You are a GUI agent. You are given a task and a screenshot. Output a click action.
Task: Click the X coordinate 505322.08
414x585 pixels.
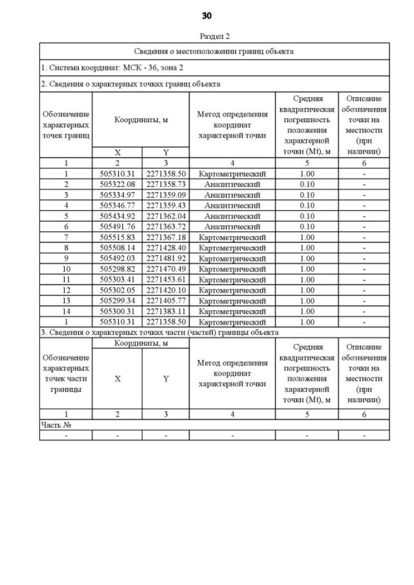pos(117,184)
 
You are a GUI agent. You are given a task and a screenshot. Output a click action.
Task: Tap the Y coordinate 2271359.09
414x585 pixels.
pos(166,195)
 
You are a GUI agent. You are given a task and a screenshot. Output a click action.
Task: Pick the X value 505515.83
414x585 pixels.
pos(117,237)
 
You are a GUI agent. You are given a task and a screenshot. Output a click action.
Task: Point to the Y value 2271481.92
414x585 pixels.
pos(166,258)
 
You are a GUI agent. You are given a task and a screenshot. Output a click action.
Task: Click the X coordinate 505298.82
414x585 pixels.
pos(117,269)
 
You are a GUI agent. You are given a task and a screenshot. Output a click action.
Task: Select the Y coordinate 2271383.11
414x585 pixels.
pos(166,311)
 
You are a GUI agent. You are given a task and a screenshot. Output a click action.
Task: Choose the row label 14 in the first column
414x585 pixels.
pos(65,311)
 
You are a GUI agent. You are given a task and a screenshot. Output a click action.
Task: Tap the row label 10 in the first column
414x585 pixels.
pos(65,269)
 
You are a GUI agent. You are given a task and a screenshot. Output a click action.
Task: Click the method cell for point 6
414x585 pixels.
pos(232,226)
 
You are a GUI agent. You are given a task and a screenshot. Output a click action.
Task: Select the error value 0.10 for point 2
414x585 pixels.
pos(307,184)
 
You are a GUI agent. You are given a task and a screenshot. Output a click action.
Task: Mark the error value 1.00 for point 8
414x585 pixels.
pos(307,248)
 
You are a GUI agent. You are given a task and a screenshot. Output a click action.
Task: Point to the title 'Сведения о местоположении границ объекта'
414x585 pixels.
pos(214,51)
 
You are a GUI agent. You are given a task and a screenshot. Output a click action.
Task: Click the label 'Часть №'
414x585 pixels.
pos(56,425)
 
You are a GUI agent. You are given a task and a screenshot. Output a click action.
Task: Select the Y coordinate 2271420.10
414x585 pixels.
pos(166,290)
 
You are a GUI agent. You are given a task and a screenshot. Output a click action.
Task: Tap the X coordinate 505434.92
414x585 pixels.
pos(117,216)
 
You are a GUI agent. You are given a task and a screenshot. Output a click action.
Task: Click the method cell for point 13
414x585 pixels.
pos(232,301)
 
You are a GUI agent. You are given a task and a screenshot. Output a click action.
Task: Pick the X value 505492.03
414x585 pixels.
pos(117,258)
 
